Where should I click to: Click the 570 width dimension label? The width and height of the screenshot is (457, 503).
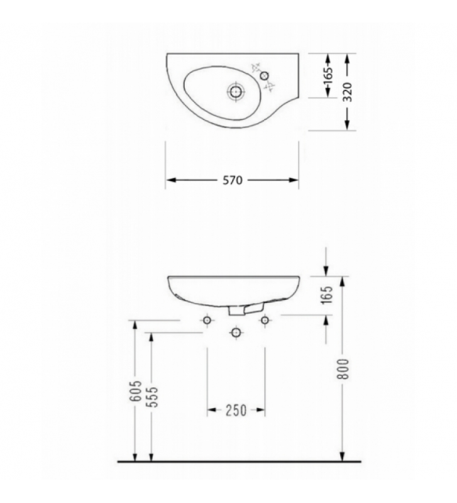coord(233,180)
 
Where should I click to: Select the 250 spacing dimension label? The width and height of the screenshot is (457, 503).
coord(236,411)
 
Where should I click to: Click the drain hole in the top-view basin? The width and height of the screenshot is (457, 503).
coord(236,92)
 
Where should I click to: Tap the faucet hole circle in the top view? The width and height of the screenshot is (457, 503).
coord(265,76)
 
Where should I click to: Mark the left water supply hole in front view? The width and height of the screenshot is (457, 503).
coord(207,321)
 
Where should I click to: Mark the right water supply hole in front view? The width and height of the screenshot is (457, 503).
coord(265,321)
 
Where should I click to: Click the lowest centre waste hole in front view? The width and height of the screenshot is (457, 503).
coord(236,331)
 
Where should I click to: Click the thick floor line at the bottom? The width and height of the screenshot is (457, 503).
coord(239,462)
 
